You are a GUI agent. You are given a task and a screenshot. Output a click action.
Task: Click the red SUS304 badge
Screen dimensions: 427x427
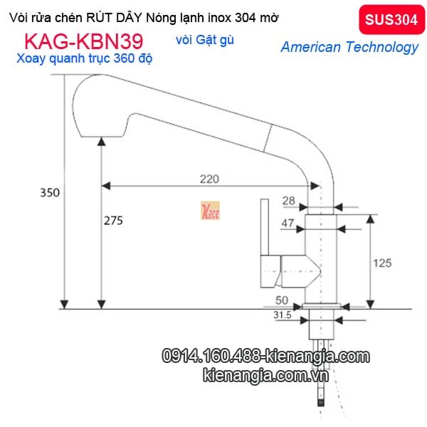tap(391, 20)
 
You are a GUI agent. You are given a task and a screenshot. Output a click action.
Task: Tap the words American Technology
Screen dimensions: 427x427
tap(349, 48)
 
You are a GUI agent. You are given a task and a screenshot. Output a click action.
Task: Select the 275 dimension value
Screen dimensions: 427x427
tap(113, 221)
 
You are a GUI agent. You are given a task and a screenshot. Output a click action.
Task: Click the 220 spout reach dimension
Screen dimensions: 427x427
tap(209, 179)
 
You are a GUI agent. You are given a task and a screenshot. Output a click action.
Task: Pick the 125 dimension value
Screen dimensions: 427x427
tap(382, 263)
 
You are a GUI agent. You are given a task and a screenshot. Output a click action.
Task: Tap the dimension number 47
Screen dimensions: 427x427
tap(287, 223)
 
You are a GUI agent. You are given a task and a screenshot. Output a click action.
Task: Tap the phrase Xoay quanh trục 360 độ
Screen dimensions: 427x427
tap(83, 59)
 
